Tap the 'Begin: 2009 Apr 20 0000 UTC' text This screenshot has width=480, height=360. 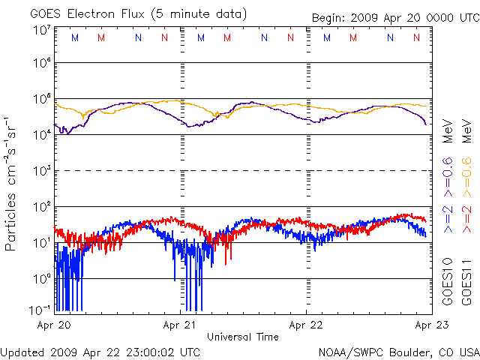(395, 18)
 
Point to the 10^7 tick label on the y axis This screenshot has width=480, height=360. (41, 30)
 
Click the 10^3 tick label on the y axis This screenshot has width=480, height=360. (41, 170)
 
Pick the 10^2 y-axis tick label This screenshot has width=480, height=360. (41, 206)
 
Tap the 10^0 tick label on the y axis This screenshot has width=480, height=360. (41, 278)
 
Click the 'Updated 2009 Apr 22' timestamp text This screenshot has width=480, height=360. (100, 352)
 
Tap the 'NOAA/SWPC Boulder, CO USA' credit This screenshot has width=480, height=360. (398, 352)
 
